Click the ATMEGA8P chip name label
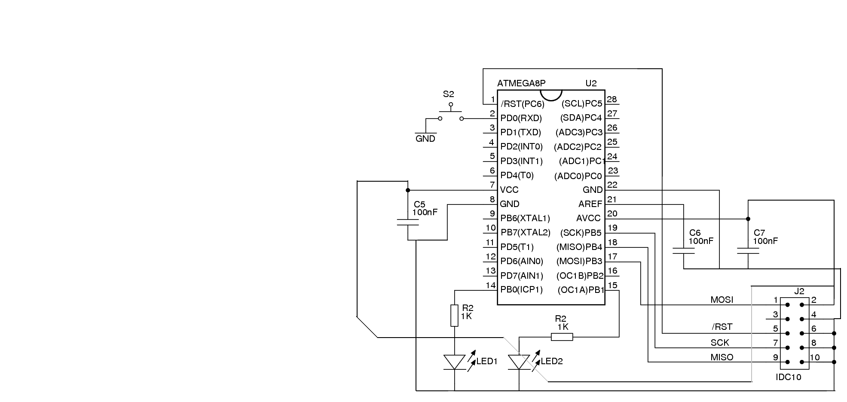coord(521,83)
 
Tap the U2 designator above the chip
coord(591,83)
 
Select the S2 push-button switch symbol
coord(451,113)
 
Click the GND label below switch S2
coord(425,139)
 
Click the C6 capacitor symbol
coord(683,251)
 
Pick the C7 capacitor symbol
coord(748,251)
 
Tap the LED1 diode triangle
coord(455,362)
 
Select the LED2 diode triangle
coord(519,362)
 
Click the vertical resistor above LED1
coord(455,315)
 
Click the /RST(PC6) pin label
coord(523,104)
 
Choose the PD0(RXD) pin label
coord(521,118)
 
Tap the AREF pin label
coord(590,204)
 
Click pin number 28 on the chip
coord(612,99)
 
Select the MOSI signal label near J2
coord(722,300)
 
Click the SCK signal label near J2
coord(720,343)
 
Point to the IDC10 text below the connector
coord(789,378)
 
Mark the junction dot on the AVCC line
coord(748,219)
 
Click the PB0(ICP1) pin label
coord(522,290)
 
